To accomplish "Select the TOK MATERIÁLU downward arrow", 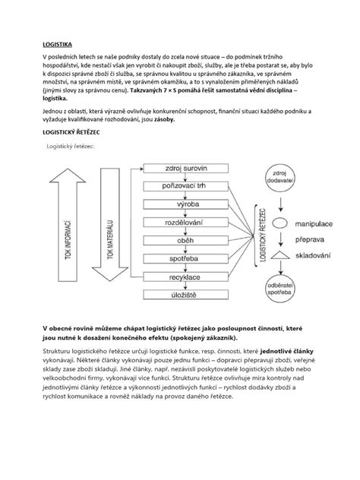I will click(110, 227).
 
